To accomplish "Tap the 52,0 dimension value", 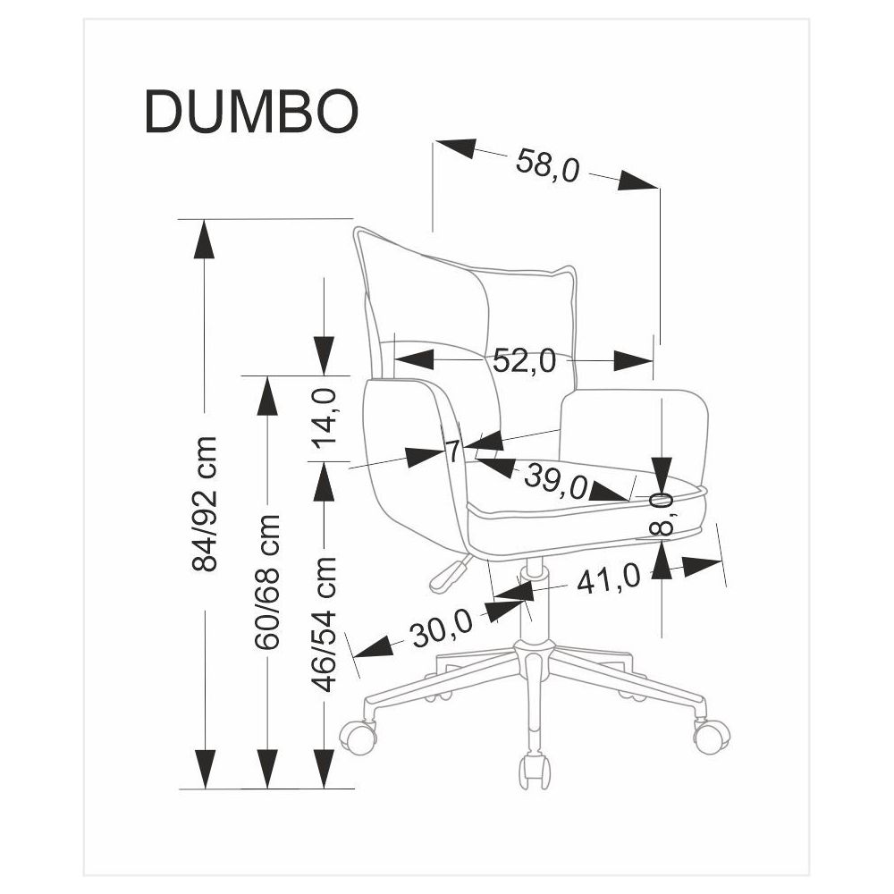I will click(524, 361).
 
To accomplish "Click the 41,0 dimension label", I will click(608, 580).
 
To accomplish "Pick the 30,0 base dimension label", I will click(441, 631).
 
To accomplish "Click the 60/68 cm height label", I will click(267, 581).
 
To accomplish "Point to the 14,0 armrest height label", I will click(325, 417).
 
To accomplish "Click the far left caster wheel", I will click(358, 735).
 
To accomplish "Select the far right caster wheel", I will click(712, 734).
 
